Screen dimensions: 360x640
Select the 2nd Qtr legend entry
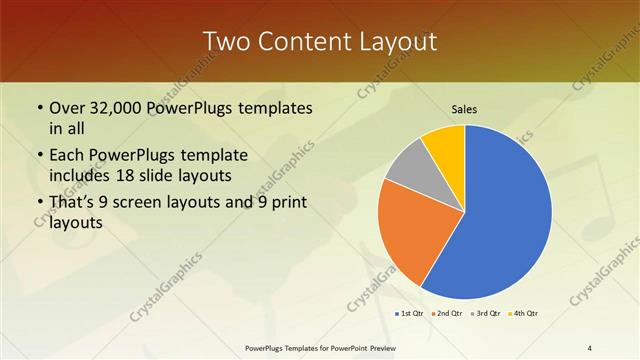click(x=446, y=314)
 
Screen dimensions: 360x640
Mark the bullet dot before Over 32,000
click(x=39, y=108)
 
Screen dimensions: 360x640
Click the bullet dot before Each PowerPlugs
click(x=39, y=156)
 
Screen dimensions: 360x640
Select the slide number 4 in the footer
click(x=590, y=347)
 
